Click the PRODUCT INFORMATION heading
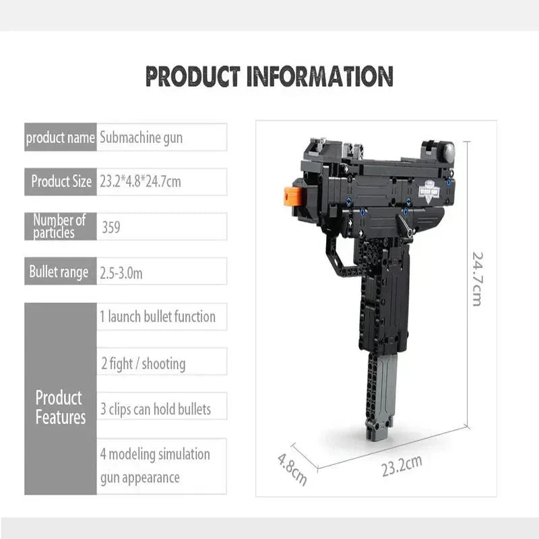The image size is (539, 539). pos(269,75)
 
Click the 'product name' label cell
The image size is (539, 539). pos(61,138)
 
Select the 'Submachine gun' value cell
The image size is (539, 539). pos(162,138)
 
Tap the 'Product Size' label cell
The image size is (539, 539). pos(61,182)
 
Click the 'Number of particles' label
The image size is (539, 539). pos(61,226)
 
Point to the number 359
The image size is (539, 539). pos(112,228)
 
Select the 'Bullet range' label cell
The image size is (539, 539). pos(59,272)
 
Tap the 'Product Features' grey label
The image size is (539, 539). pos(61,408)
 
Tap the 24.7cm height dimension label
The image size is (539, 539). pos(476,278)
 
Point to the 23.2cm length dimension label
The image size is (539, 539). pos(402,466)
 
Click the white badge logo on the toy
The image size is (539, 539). pos(426,189)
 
